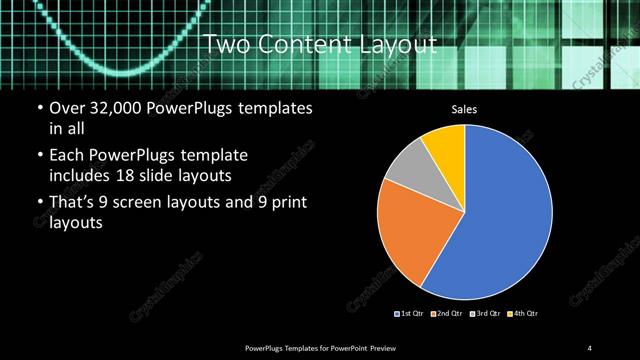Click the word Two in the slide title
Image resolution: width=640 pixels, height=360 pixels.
224,44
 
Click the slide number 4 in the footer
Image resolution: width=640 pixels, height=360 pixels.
590,347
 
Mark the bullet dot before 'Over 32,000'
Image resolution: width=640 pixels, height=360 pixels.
38,108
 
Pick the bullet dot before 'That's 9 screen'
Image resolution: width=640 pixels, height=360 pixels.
38,205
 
